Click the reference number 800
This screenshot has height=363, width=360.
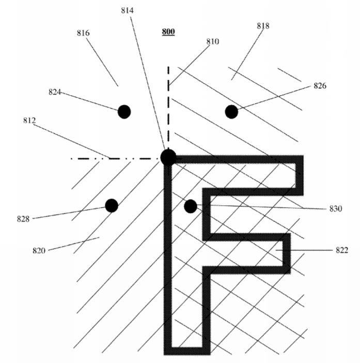168,32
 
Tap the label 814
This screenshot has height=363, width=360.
128,10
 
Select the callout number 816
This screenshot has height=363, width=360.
83,33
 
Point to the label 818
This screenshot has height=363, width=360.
263,26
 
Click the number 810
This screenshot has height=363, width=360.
213,41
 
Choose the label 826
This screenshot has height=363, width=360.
320,86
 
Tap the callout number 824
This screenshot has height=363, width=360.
55,92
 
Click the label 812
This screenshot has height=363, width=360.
29,120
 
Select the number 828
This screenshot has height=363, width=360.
23,219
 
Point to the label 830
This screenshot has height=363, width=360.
336,209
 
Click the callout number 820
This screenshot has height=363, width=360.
39,250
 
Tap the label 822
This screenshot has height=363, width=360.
342,250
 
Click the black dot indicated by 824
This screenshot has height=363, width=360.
124,112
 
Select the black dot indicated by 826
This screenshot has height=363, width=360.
231,112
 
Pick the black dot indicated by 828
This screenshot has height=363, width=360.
112,206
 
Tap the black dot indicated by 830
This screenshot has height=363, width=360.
191,206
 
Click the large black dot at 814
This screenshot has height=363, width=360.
168,157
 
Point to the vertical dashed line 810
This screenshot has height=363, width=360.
168,107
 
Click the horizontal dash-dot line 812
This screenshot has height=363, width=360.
116,159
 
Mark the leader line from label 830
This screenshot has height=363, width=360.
261,207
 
